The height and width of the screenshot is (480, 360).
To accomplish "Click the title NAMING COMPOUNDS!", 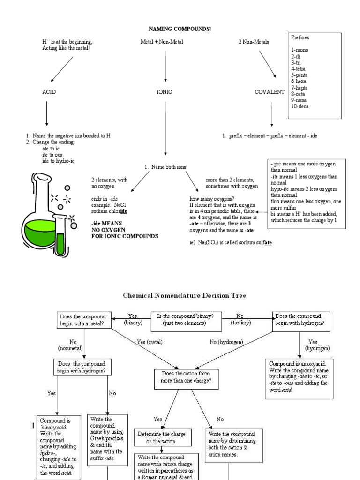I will click(x=180, y=29).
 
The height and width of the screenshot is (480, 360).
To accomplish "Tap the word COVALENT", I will click(x=270, y=92).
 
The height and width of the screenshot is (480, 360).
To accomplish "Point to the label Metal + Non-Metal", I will click(x=162, y=42).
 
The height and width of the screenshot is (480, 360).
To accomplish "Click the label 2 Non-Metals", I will click(x=254, y=42).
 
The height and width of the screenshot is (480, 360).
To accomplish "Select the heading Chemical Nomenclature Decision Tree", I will click(x=184, y=296).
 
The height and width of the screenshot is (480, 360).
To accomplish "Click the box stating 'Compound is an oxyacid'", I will click(x=299, y=376).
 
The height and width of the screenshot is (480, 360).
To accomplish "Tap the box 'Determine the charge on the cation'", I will click(x=163, y=437).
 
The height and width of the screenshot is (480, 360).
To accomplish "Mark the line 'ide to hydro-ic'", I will click(x=58, y=161).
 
